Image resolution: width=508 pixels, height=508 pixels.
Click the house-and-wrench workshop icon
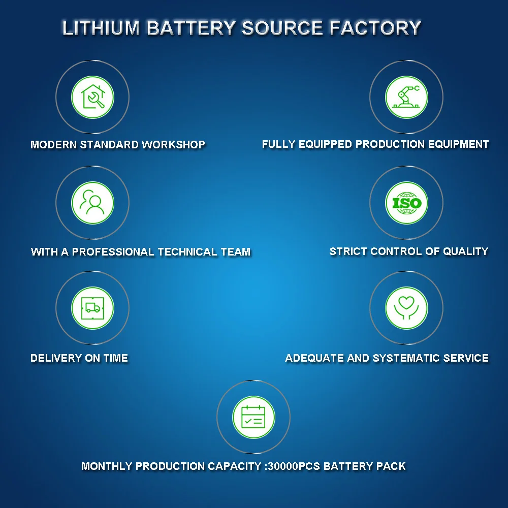[x=92, y=97]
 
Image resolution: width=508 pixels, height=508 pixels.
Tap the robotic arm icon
[x=406, y=97]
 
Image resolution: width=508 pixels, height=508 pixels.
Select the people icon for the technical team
[x=92, y=203]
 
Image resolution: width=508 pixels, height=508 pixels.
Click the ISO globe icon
[x=406, y=203]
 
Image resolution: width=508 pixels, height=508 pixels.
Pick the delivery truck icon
[x=92, y=307]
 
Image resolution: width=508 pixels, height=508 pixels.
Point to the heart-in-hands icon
[x=406, y=307]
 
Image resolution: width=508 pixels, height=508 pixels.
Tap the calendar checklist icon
[x=253, y=417]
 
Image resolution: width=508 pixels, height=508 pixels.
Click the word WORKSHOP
[x=173, y=145]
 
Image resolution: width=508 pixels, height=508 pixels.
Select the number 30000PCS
[x=293, y=466]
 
